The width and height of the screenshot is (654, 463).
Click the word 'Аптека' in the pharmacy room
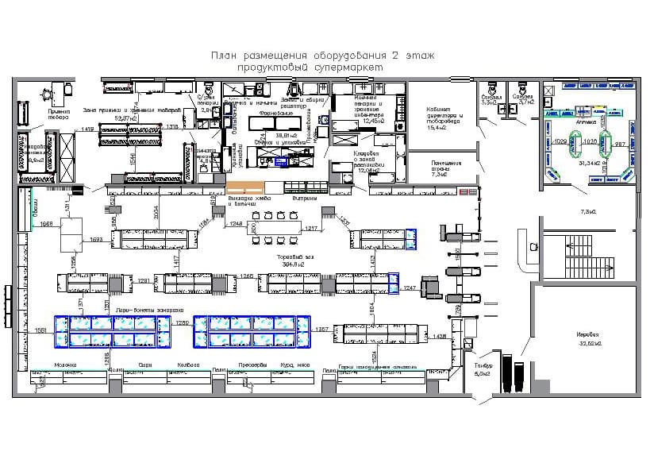tap(586, 123)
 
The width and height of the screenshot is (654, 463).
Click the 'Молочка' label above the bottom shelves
tap(65, 365)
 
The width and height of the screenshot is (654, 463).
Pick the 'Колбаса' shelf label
tap(188, 365)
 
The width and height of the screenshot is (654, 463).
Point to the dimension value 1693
tap(97, 239)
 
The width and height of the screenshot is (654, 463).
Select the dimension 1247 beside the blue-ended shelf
tap(410, 286)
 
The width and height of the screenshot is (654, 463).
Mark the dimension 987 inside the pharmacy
tap(621, 144)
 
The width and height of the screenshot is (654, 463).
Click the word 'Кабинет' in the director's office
tap(439, 110)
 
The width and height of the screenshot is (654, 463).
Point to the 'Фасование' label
tap(276, 114)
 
